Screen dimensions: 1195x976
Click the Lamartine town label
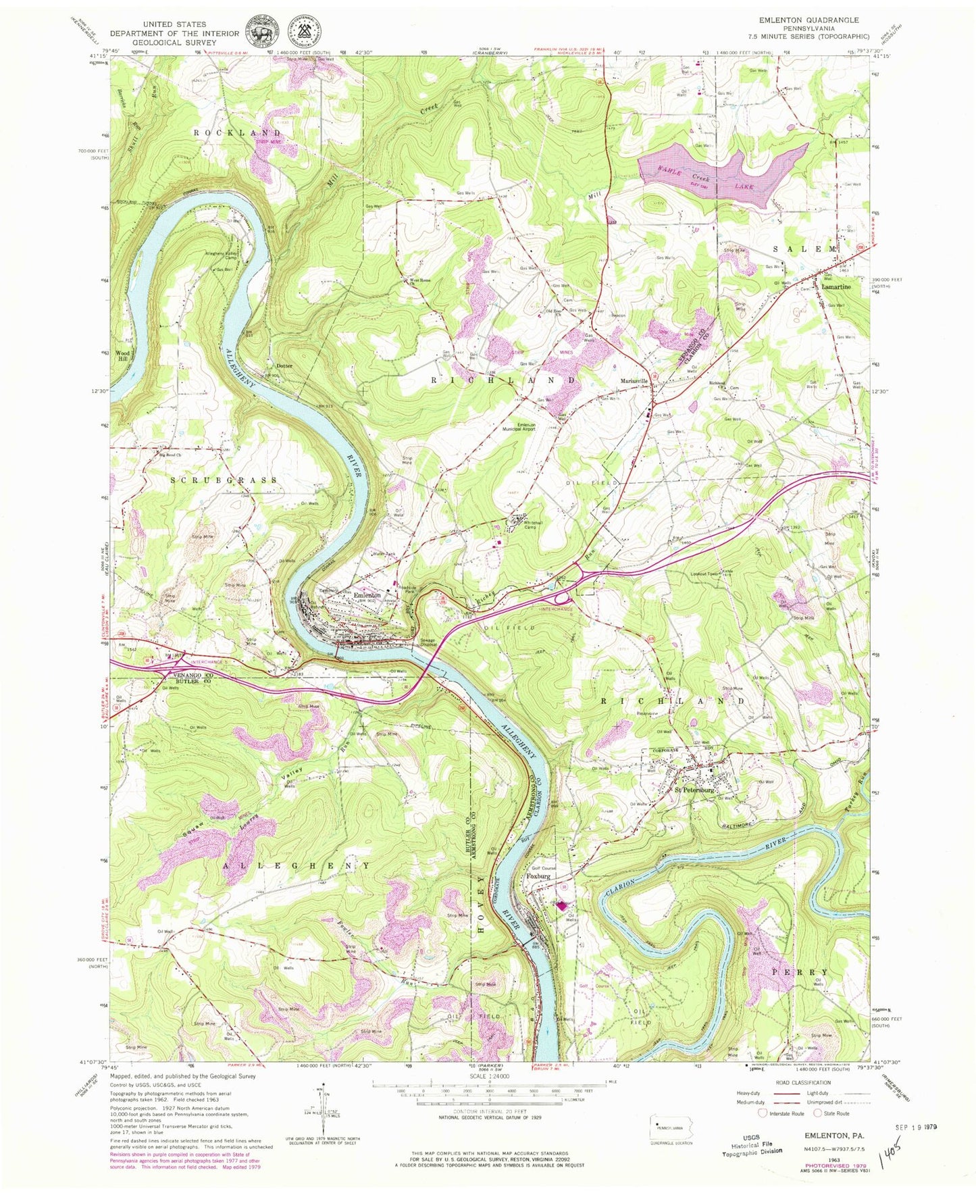coord(836,286)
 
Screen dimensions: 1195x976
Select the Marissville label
coord(634,381)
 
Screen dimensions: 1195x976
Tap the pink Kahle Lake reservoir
coord(723,172)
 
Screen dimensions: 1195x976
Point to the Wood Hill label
coord(122,355)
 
